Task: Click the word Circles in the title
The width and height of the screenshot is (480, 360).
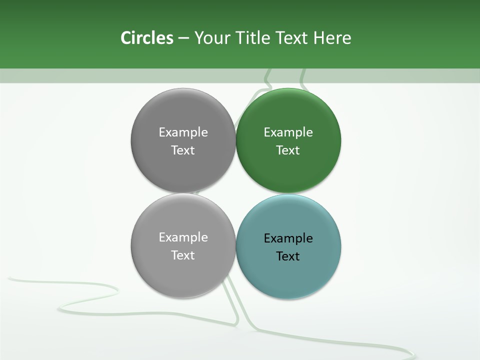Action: click(147, 38)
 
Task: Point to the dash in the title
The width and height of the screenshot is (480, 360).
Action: click(183, 38)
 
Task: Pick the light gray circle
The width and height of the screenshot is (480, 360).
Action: click(183, 272)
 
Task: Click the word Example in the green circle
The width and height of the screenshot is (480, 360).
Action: click(288, 132)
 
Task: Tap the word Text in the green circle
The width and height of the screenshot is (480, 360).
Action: click(288, 150)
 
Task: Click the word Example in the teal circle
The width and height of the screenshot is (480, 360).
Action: click(288, 238)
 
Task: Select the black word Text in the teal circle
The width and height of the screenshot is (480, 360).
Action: click(288, 256)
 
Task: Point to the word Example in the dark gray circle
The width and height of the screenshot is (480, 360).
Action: click(183, 132)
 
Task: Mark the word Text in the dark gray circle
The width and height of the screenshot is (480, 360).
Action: click(183, 150)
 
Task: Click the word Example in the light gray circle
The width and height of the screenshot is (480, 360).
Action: click(183, 237)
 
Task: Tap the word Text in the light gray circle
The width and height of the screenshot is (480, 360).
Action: click(183, 255)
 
